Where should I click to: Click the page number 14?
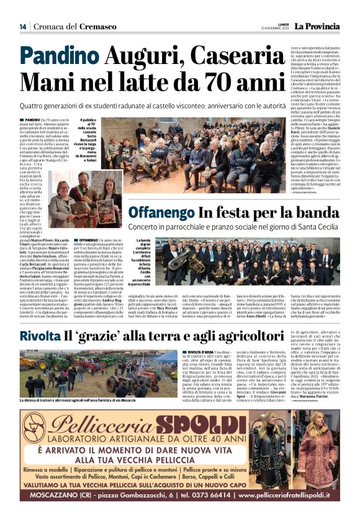(x=23, y=26)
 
